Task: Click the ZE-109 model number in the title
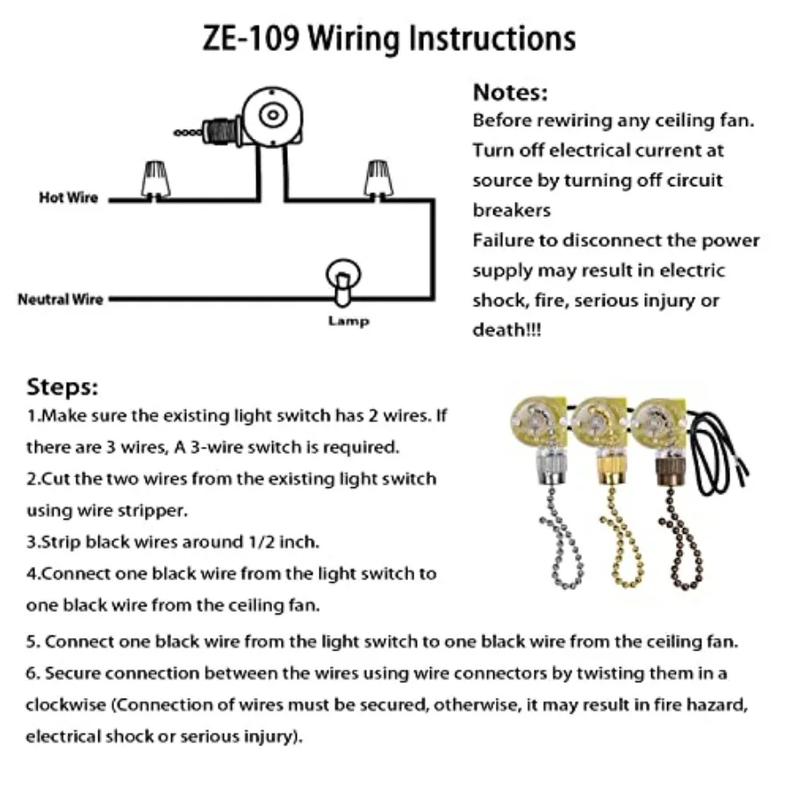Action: point(251,39)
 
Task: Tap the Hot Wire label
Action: point(68,197)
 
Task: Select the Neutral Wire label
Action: point(61,299)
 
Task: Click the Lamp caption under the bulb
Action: point(348,321)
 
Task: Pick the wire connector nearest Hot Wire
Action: point(155,180)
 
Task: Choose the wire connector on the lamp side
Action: point(378,179)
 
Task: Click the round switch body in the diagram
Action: point(273,117)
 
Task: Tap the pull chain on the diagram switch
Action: point(189,133)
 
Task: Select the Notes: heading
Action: point(510,93)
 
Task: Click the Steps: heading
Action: point(62,387)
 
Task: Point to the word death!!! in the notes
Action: point(506,330)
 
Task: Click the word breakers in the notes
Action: point(512,210)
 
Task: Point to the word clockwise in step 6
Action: point(66,705)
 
